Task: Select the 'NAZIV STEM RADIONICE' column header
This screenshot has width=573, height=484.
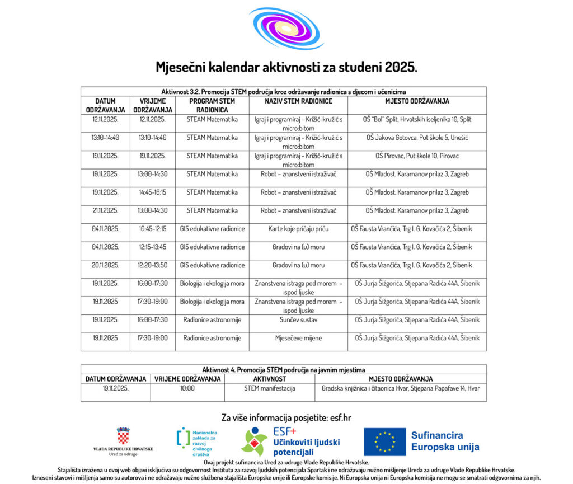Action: pos(298,101)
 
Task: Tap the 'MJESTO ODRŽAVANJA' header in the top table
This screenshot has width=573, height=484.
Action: pos(417,101)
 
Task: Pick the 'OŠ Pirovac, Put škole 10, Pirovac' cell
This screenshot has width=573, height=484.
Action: pos(417,156)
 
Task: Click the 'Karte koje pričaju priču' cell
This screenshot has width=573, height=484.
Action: pos(298,229)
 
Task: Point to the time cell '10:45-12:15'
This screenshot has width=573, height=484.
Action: pos(153,229)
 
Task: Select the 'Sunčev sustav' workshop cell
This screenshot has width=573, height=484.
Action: pos(298,320)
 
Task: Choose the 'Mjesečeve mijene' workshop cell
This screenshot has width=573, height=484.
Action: pos(298,338)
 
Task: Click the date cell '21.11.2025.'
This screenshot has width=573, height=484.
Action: pos(106,210)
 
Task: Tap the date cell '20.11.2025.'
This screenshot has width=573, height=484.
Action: pos(106,265)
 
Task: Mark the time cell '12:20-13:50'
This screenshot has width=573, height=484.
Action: pos(153,265)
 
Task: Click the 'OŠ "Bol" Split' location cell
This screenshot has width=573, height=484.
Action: pos(417,120)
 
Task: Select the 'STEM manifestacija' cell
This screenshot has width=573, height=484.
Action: pos(270,388)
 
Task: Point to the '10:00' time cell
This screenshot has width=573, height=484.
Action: pos(187,388)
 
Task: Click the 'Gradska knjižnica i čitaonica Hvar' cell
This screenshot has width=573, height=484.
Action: pos(401,388)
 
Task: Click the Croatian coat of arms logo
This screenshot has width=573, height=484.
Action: pos(123,436)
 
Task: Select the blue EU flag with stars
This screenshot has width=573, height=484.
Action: pos(384,441)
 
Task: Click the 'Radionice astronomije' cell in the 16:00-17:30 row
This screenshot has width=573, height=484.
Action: pos(212,320)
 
